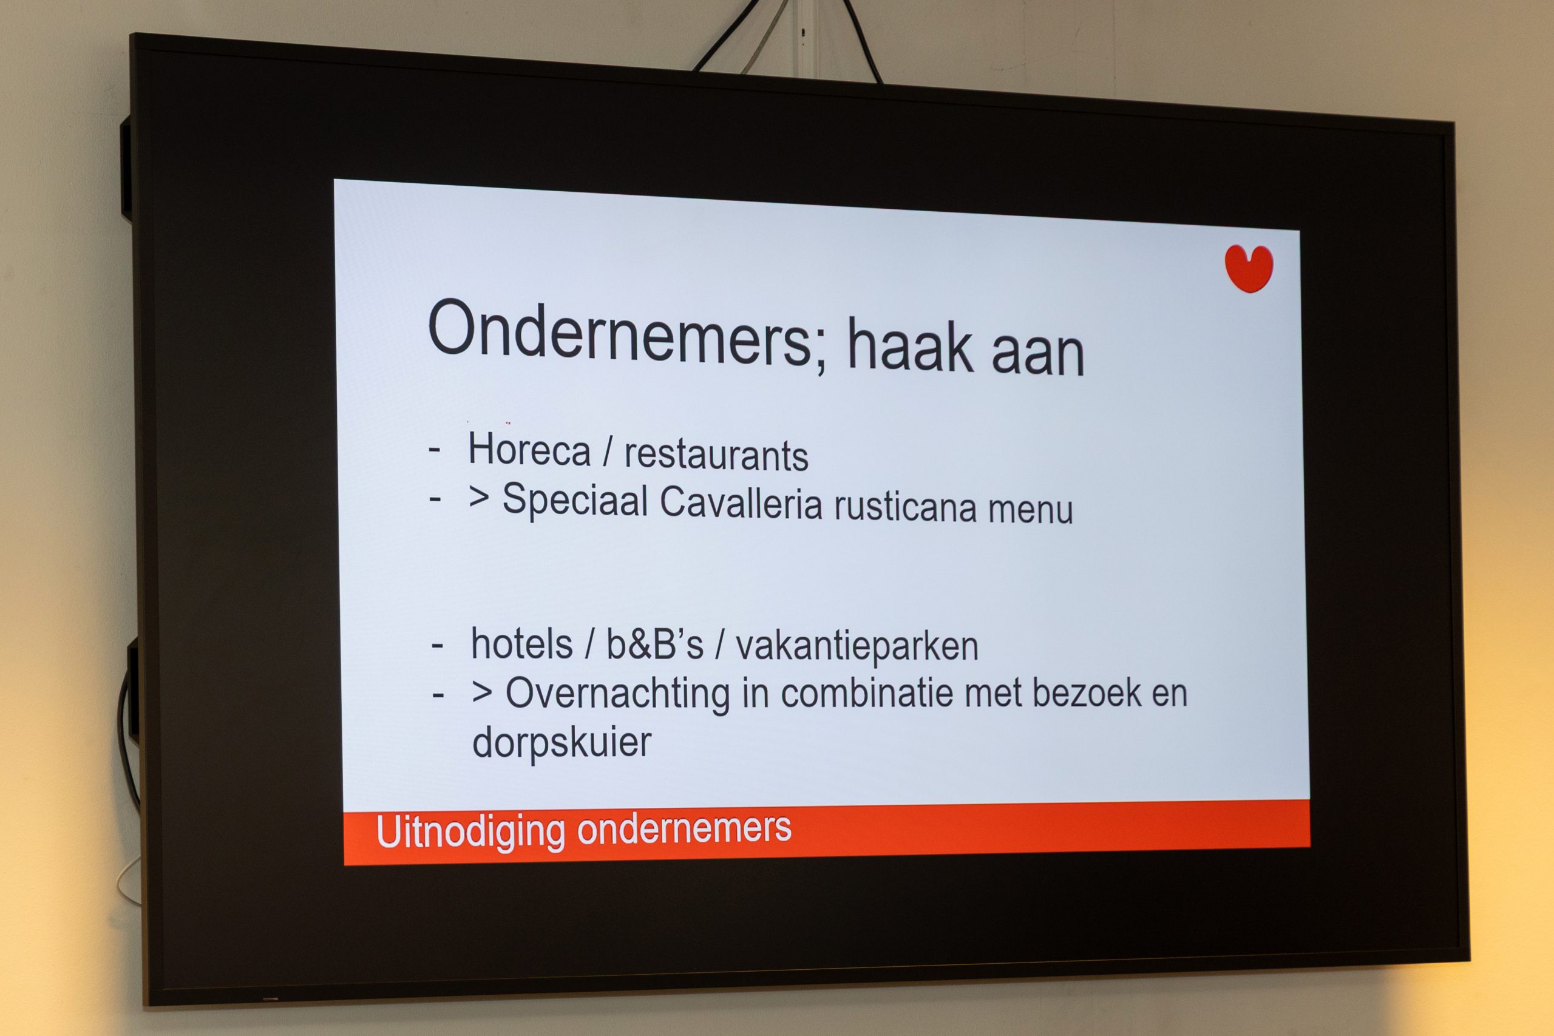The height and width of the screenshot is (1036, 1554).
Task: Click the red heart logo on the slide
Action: pos(1249,268)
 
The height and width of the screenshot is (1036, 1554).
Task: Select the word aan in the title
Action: pos(1038,354)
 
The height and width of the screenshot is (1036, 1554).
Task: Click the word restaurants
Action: pos(716,455)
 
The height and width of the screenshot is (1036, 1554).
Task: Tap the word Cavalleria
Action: pos(741,504)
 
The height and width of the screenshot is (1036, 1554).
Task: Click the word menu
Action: pos(1031,511)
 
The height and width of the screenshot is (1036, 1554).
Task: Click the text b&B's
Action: pos(655,644)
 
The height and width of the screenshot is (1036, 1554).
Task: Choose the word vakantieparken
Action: pos(857,647)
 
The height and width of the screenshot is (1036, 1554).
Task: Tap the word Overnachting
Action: pos(618,694)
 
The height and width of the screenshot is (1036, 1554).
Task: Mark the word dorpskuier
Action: pos(562,743)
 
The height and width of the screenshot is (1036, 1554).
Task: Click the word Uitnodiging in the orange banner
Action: pos(470,832)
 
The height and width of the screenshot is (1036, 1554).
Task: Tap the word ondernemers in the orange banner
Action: pos(684,828)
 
